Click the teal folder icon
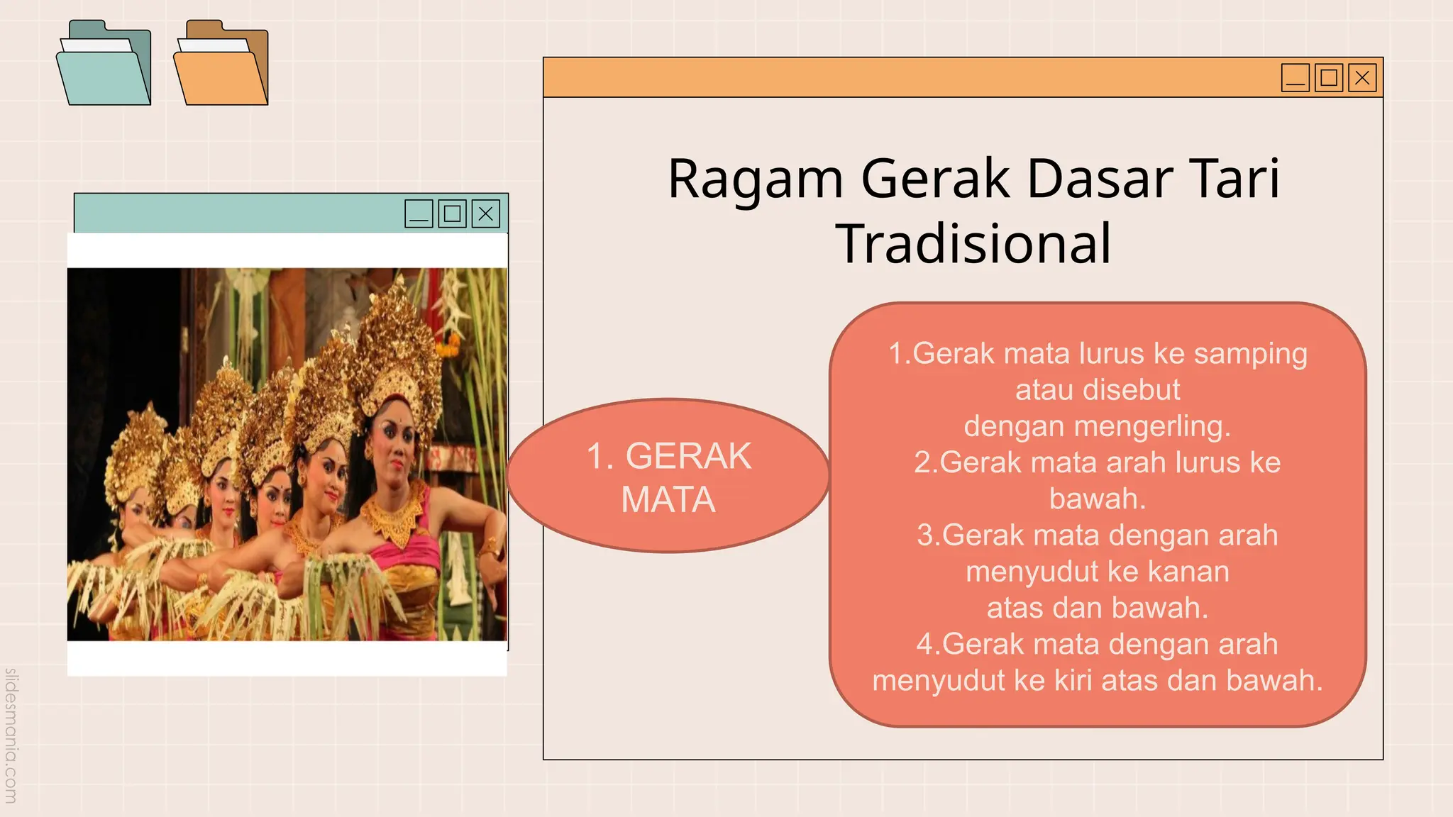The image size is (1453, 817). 104,65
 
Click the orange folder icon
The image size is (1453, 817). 221,65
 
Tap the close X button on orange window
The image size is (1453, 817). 1362,77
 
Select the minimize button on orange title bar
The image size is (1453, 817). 1295,77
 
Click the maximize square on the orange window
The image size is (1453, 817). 1329,77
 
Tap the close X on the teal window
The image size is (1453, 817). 486,213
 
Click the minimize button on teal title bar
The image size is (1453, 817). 419,213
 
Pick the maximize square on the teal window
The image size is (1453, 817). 452,213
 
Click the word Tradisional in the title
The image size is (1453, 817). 973,244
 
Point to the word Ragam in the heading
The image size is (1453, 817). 755,180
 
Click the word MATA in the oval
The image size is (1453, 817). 668,500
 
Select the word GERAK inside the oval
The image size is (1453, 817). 688,456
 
